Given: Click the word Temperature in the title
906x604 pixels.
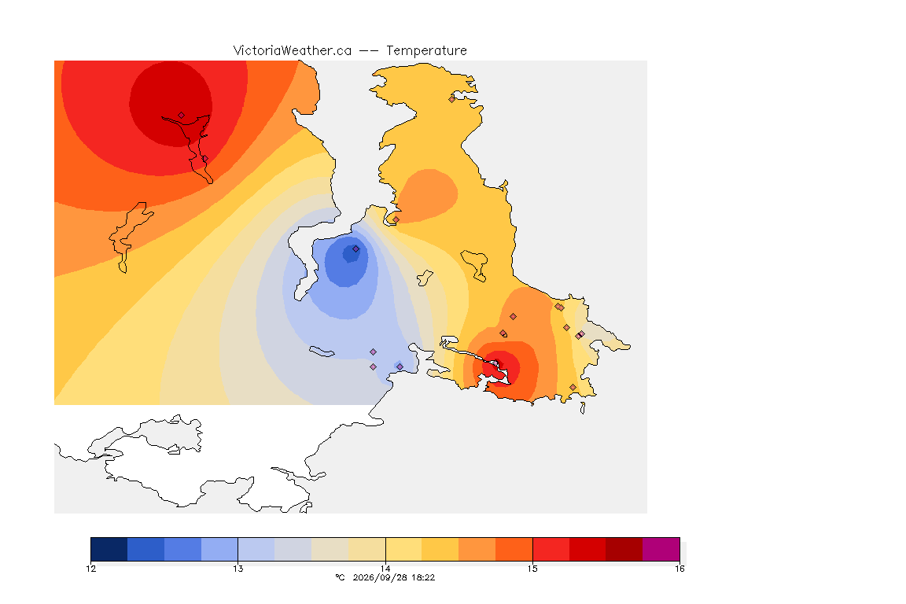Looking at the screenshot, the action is [x=426, y=51].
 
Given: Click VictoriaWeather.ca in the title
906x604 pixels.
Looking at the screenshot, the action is [x=293, y=50].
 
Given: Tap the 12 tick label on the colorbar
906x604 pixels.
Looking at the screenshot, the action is [x=90, y=569].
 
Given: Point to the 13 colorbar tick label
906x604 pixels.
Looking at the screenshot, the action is [x=238, y=569].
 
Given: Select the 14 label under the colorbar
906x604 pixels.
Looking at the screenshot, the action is [x=385, y=569].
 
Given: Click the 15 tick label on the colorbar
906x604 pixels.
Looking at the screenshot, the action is [x=532, y=569].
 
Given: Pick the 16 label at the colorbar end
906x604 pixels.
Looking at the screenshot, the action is [x=679, y=569].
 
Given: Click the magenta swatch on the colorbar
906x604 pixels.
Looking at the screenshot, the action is [x=661, y=549].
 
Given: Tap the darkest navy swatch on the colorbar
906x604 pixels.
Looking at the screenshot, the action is [x=109, y=549].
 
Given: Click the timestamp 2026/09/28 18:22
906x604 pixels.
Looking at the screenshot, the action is [x=393, y=577].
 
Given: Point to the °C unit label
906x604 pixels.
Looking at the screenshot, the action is [x=340, y=577].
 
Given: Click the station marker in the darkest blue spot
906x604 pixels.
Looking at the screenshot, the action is [x=356, y=249].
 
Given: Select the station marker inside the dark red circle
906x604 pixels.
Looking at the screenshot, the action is [x=182, y=116].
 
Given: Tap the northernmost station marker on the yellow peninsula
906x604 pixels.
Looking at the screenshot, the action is [x=452, y=99].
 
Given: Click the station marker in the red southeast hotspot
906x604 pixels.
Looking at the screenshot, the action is [x=495, y=363].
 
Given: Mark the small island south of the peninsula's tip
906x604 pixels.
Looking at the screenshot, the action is [x=583, y=408].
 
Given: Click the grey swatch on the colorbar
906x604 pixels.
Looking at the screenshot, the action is [x=293, y=549].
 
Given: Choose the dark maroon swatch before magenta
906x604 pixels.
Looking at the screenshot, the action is [x=624, y=549].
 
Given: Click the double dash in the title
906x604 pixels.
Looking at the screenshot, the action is [x=369, y=51].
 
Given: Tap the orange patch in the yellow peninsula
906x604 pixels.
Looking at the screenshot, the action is [x=429, y=195].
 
